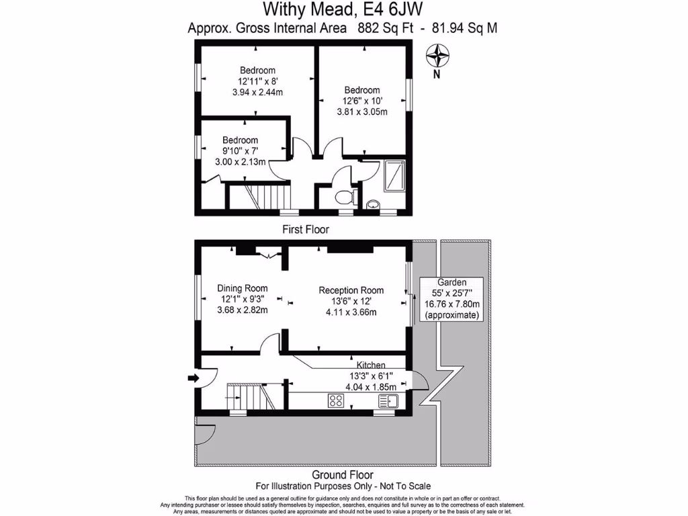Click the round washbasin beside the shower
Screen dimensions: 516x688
pos(373,204)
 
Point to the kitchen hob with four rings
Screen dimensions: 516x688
pos(336,401)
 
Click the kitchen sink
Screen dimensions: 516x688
pos(389,401)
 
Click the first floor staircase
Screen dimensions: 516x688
pos(261,198)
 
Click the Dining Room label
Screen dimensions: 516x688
pos(242,288)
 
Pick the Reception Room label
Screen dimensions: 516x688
pos(351,290)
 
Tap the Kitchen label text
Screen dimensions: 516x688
pos(370,365)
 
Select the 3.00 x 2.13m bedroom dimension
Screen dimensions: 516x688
pos(240,162)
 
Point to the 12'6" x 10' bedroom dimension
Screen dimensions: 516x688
pos(362,101)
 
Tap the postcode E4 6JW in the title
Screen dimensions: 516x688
pos(399,9)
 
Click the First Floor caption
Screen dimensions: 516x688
pos(306,229)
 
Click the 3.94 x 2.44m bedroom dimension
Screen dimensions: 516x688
pos(257,92)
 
